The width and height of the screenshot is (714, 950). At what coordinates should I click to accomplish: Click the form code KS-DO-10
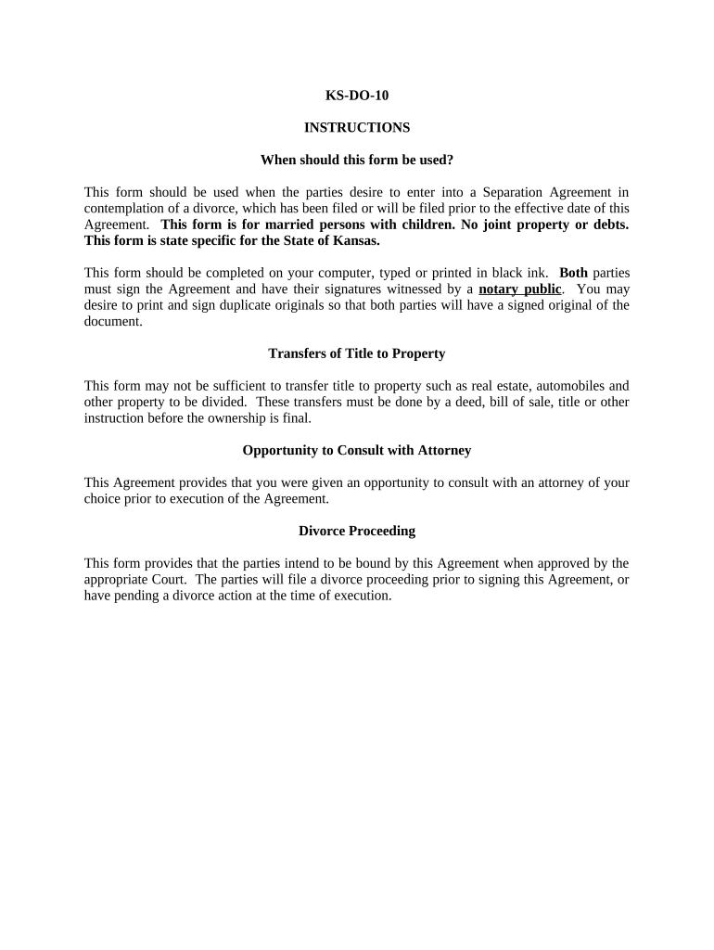pos(356,95)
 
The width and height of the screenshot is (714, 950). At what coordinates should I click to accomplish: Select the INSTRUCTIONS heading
pos(356,127)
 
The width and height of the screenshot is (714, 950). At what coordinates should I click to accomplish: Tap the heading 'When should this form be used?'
pos(356,160)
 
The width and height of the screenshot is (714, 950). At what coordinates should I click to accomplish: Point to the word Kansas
pos(353,240)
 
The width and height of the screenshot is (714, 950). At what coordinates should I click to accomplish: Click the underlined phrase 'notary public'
pos(519,289)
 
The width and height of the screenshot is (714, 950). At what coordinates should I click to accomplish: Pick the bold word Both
pos(573,273)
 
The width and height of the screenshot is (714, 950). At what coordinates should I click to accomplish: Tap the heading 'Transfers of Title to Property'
pos(356,353)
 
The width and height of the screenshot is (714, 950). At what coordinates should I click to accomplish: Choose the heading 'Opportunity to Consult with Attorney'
pos(356,450)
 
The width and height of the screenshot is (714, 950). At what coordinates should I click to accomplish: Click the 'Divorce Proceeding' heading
pos(356,531)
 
